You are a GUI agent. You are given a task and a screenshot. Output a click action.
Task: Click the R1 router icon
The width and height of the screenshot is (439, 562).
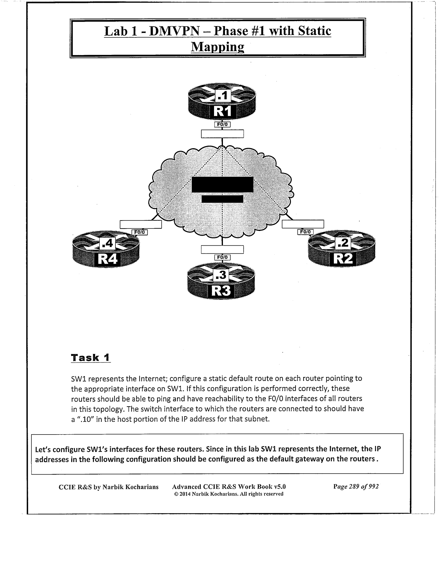point(222,102)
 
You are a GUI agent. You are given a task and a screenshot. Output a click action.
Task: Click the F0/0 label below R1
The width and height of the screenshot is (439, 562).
point(222,124)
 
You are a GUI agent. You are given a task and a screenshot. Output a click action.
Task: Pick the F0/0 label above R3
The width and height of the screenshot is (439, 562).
point(222,257)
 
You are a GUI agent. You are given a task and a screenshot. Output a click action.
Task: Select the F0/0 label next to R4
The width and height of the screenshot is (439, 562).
point(139,232)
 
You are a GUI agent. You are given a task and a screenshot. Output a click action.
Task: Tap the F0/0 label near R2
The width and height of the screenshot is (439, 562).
point(305,232)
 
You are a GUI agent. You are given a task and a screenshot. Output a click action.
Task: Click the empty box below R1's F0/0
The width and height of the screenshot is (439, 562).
point(222,134)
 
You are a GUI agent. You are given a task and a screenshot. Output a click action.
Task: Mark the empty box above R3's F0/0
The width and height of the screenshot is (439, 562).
point(222,250)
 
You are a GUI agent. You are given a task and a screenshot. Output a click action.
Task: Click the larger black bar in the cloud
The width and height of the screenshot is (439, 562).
point(222,184)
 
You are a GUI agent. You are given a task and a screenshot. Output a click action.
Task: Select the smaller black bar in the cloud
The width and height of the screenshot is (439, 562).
point(222,199)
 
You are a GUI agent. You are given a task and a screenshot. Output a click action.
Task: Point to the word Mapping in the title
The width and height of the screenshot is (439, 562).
point(218,47)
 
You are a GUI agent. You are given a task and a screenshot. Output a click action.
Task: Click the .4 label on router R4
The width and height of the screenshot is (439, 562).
point(107,243)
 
